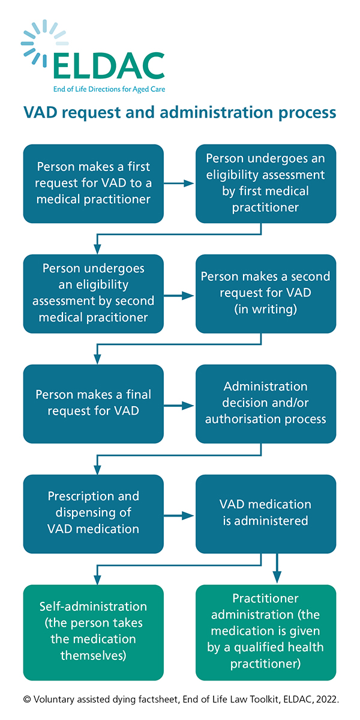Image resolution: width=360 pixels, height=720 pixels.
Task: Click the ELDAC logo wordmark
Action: click(109, 66)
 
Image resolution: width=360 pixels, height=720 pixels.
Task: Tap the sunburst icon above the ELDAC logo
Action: click(44, 43)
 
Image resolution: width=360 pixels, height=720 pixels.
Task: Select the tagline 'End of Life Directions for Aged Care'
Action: click(109, 89)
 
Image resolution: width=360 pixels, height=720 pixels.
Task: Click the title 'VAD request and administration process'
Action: click(179, 113)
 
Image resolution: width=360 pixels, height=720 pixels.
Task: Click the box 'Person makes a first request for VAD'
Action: click(94, 184)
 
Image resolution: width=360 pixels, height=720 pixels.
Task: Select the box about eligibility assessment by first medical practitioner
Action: click(266, 184)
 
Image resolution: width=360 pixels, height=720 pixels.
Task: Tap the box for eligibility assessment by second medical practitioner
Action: click(94, 293)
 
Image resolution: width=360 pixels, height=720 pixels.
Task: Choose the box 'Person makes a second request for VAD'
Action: click(266, 293)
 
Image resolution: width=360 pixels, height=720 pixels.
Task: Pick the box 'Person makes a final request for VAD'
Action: click(94, 404)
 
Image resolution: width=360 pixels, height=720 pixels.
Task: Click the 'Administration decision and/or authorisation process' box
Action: click(266, 404)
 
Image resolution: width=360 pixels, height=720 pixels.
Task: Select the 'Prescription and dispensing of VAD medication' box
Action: click(94, 514)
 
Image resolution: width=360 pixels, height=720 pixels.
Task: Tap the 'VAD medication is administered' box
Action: click(266, 514)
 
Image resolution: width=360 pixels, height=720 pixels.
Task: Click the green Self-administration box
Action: click(94, 632)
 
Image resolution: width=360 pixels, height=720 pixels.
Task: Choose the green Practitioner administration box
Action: click(266, 632)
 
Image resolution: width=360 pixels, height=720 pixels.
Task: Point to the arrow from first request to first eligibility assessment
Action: click(179, 184)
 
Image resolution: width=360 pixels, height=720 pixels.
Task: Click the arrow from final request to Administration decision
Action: click(179, 406)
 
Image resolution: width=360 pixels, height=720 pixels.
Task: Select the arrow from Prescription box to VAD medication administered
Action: click(179, 516)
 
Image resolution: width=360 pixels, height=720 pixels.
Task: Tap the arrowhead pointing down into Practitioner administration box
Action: click(277, 577)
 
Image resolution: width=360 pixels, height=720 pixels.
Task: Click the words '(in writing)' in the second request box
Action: click(265, 309)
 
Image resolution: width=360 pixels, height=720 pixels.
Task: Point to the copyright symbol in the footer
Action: click(28, 700)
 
